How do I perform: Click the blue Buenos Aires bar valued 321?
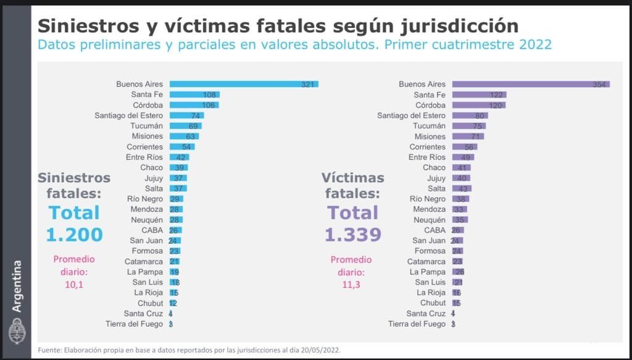pos(244,84)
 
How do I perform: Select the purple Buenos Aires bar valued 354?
pos(531,84)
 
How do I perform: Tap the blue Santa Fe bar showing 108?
pos(194,94)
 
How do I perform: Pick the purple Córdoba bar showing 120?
pos(478,105)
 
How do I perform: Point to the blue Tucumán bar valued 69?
pos(186,126)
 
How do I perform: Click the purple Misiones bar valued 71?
pos(468,136)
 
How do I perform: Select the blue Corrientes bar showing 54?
pos(183,147)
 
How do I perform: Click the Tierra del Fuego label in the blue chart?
pos(134,324)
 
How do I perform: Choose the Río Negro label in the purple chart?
pos(427,199)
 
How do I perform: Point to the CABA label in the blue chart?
pos(152,230)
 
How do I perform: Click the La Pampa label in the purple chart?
pos(427,272)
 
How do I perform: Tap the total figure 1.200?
pos(74,235)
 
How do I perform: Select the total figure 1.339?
pos(353,235)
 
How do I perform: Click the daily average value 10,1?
pos(74,285)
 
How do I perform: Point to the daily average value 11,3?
pos(351,285)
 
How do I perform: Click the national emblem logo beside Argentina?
pos(17,332)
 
